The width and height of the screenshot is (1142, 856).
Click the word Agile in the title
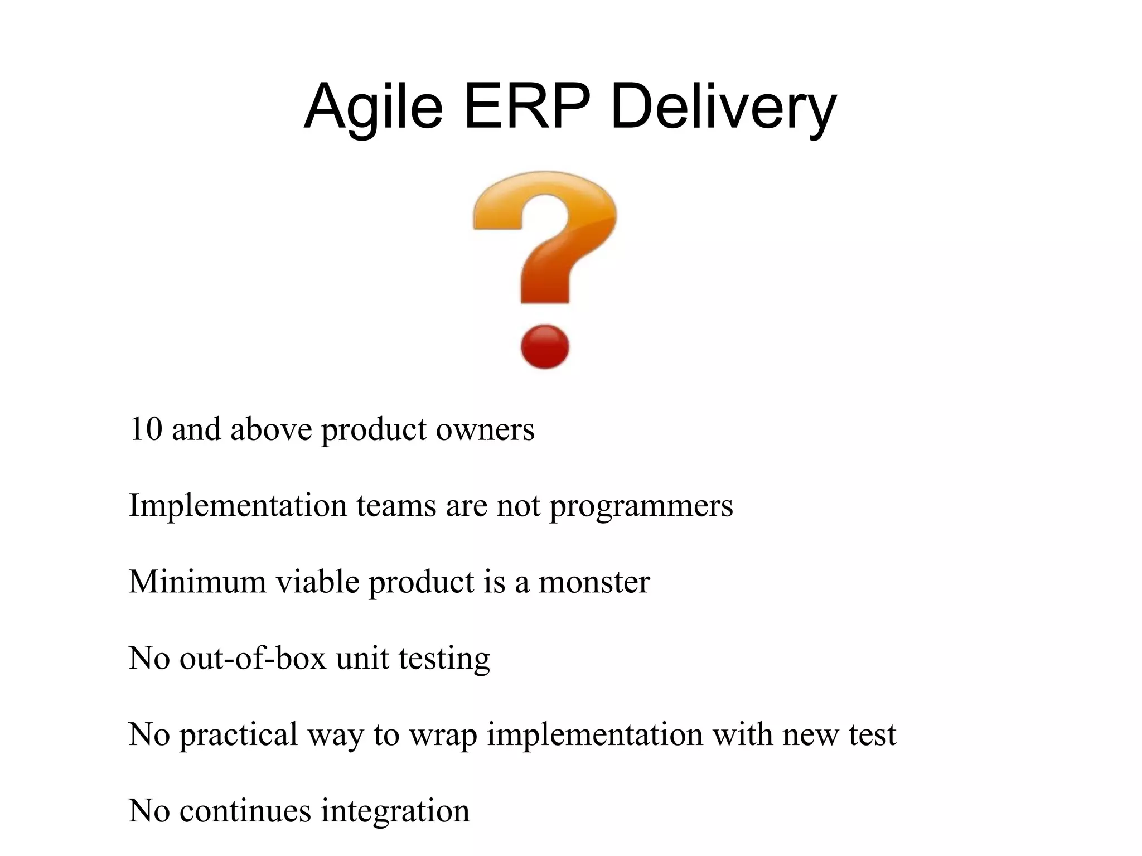coord(372,106)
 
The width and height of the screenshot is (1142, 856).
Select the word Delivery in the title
coord(723,106)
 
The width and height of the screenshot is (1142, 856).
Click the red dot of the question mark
coord(545,347)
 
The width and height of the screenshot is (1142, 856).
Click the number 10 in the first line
coord(146,429)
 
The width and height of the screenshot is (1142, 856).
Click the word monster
coord(594,582)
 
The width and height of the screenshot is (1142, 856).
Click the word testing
coord(444,658)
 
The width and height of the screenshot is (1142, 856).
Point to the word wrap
coord(443,734)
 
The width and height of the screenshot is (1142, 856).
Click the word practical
coord(238,734)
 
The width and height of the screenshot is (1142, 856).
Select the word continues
coord(245,810)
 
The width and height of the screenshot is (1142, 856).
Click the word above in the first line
coord(271,429)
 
